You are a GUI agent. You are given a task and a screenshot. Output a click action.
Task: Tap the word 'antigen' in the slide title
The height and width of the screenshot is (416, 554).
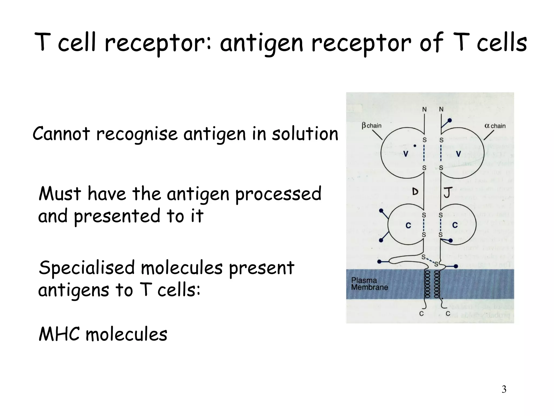261,43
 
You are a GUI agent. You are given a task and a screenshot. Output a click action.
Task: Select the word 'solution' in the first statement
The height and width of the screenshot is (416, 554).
305,134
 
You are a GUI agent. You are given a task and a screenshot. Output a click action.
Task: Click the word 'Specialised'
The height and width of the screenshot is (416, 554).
87,268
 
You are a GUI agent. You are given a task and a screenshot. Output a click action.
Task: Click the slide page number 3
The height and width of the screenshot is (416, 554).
504,389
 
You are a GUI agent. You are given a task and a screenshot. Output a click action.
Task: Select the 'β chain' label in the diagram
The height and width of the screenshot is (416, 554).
372,126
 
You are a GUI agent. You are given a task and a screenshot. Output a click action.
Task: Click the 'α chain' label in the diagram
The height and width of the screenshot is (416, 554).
495,126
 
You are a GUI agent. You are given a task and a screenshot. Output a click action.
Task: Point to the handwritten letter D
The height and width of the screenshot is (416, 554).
415,192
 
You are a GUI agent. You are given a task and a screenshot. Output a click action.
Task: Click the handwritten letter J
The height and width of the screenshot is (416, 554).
448,192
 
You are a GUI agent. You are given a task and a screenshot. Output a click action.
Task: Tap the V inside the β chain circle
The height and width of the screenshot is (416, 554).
406,154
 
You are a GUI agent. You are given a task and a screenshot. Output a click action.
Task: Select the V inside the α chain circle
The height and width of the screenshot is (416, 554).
458,154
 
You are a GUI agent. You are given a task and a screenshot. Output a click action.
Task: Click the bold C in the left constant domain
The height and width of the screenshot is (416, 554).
408,225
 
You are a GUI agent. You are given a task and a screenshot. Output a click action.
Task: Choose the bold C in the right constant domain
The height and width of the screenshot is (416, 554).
455,225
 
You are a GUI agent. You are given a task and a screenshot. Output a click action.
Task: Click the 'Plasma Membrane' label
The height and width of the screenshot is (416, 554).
370,284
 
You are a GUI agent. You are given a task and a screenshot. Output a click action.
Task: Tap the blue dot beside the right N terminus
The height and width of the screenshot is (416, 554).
450,120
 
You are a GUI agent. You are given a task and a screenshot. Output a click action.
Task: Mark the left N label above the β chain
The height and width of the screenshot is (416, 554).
424,109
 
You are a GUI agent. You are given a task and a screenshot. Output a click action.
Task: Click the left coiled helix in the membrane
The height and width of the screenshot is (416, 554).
427,284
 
